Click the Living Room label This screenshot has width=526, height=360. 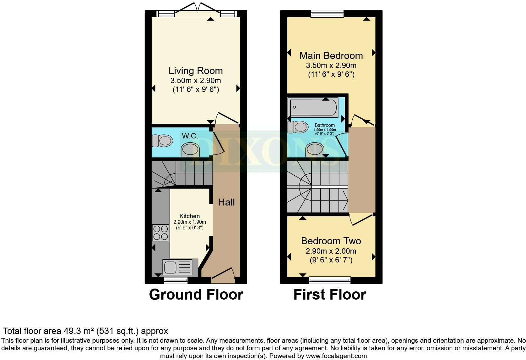pyautogui.click(x=196, y=71)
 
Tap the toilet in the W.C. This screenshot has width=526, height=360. pyautogui.click(x=162, y=141)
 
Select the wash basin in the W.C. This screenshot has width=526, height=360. pyautogui.click(x=190, y=149)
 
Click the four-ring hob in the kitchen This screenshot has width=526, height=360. pyautogui.click(x=161, y=233)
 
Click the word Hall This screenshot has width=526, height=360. pyautogui.click(x=226, y=202)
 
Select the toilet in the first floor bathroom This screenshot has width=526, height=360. pyautogui.click(x=298, y=127)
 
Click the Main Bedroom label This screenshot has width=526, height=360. pyautogui.click(x=331, y=56)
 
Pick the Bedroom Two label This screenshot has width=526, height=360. pyautogui.click(x=331, y=241)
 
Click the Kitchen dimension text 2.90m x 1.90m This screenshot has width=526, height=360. pyautogui.click(x=190, y=222)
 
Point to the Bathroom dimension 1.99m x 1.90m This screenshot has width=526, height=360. pyautogui.click(x=325, y=130)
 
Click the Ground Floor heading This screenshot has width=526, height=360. pyautogui.click(x=196, y=295)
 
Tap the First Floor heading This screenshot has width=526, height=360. pyautogui.click(x=330, y=295)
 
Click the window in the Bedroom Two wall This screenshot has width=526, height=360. pyautogui.click(x=330, y=280)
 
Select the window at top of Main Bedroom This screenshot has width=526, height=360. pyautogui.click(x=327, y=14)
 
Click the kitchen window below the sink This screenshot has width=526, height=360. pyautogui.click(x=176, y=280)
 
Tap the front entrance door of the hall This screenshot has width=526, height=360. pyautogui.click(x=223, y=276)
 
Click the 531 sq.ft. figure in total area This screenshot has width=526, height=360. pyautogui.click(x=117, y=331)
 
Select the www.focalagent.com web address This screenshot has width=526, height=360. pyautogui.click(x=336, y=356)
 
